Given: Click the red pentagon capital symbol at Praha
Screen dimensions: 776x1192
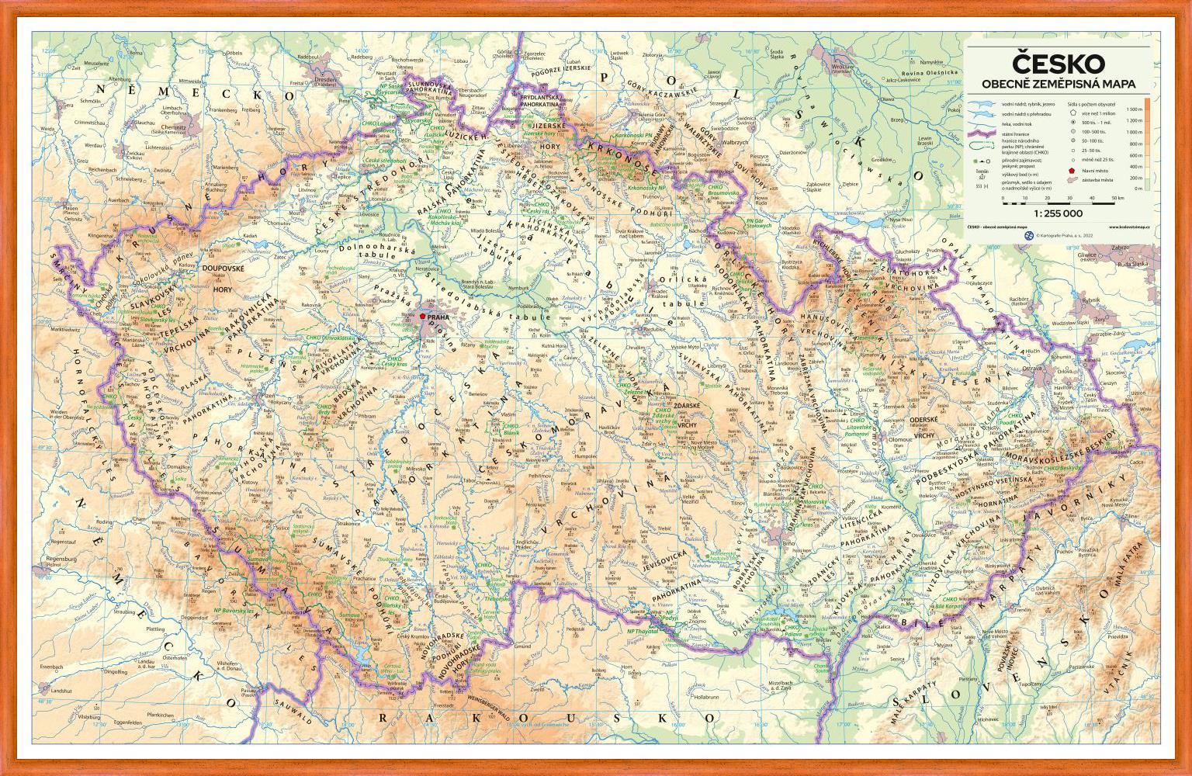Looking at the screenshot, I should coord(422,317).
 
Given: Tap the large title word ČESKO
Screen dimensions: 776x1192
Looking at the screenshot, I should coord(1059,63).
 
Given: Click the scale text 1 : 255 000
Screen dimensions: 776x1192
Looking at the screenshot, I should coord(1057,212).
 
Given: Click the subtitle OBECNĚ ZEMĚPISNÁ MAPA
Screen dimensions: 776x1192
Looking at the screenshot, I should coord(1059,83).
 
